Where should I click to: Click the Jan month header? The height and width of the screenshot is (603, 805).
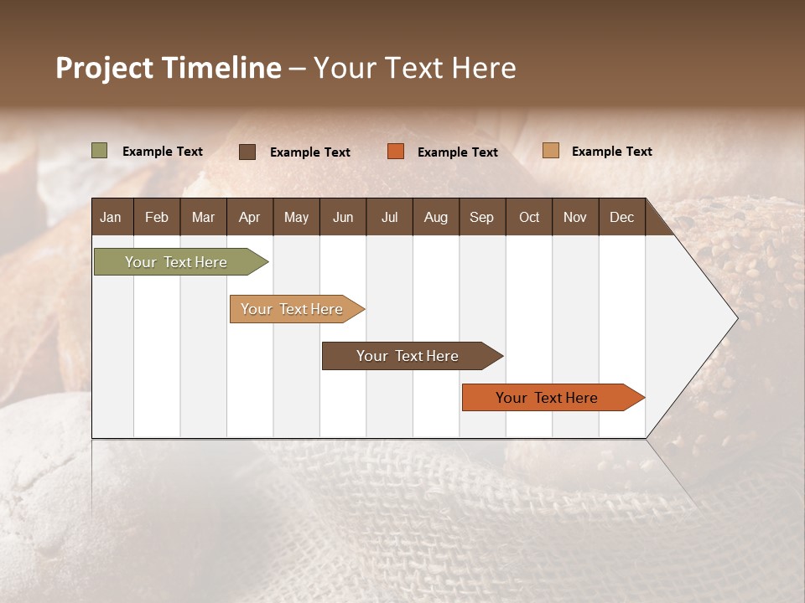[x=111, y=217]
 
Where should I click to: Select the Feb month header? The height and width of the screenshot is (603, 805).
[x=157, y=217]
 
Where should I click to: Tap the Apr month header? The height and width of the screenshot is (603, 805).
[x=249, y=217]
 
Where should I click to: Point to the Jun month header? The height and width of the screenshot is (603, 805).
[x=342, y=217]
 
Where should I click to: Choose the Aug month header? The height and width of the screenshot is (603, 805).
[x=435, y=217]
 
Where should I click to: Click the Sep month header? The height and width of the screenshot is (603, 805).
[x=481, y=217]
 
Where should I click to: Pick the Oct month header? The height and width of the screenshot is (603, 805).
[x=528, y=217]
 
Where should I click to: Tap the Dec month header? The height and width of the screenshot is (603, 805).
[x=621, y=217]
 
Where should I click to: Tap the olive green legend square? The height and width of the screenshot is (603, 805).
[x=100, y=151]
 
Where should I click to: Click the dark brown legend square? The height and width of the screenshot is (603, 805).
[x=247, y=152]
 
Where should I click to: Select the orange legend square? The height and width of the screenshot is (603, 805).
[x=396, y=152]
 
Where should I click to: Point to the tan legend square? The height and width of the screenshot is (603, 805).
[x=550, y=151]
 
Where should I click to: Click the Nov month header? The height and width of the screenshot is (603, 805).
[x=574, y=217]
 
